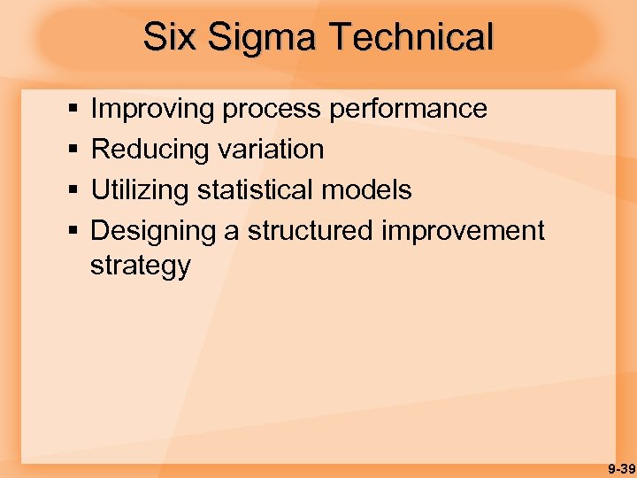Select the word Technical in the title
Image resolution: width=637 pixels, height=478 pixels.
pyautogui.click(x=411, y=37)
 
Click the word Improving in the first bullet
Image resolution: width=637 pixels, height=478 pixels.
pyautogui.click(x=152, y=110)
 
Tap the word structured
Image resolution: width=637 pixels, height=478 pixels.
pyautogui.click(x=311, y=231)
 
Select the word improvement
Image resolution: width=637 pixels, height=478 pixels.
pyautogui.click(x=463, y=231)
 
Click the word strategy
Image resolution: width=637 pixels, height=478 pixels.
pyautogui.click(x=140, y=266)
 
